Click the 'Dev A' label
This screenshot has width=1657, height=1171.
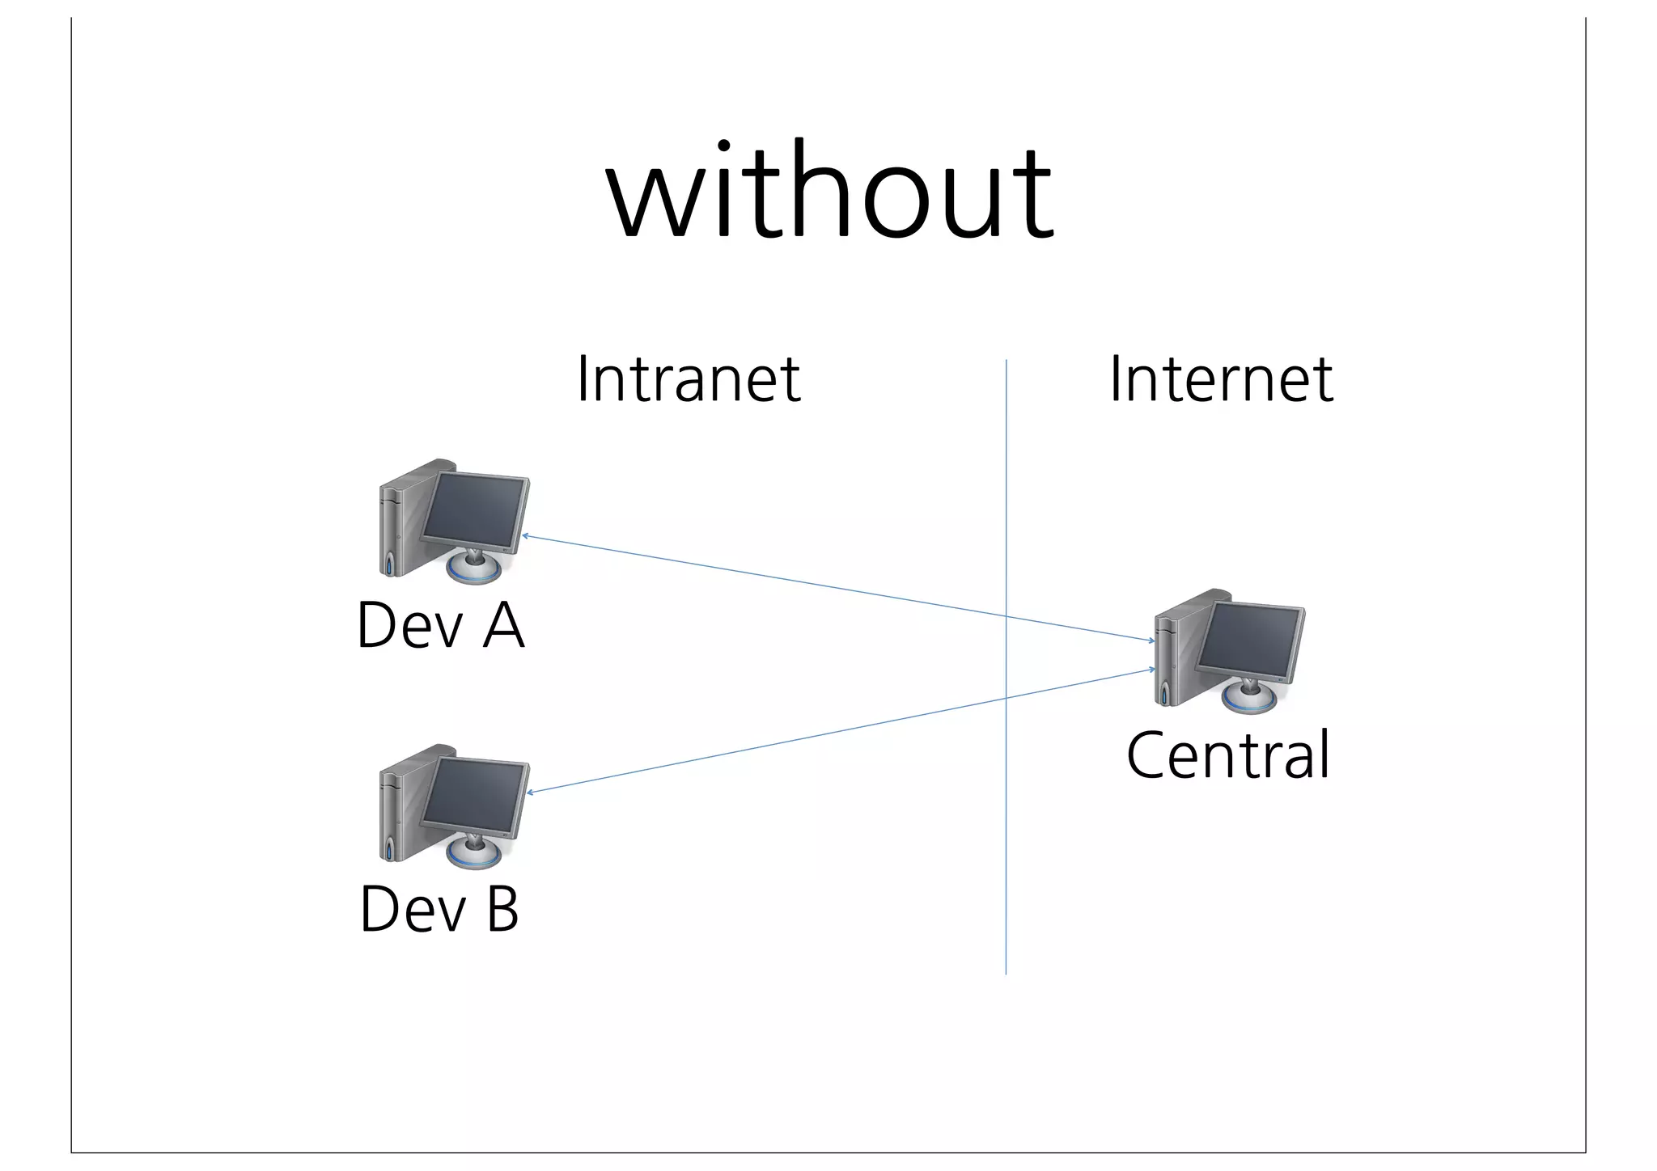(440, 626)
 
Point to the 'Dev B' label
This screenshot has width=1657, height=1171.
(439, 909)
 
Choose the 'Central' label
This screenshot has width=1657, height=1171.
(1227, 755)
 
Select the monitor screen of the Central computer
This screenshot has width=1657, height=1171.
(1251, 640)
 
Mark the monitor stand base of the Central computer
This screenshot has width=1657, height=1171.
(1248, 700)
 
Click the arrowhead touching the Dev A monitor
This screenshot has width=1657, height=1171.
(526, 535)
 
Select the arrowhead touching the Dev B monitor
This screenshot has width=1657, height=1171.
(531, 792)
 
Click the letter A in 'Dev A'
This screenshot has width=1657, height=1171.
(503, 626)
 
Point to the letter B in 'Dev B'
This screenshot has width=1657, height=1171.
(502, 909)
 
